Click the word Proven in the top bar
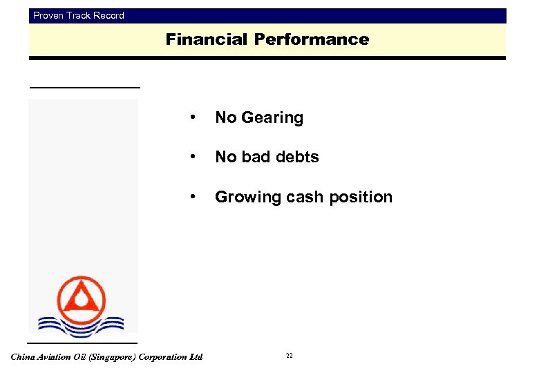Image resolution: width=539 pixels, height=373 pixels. coord(48,15)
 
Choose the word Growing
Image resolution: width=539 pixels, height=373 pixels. coord(245,198)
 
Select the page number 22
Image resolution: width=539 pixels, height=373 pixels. coord(289,356)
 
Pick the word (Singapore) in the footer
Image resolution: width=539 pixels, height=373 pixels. coord(111,357)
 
